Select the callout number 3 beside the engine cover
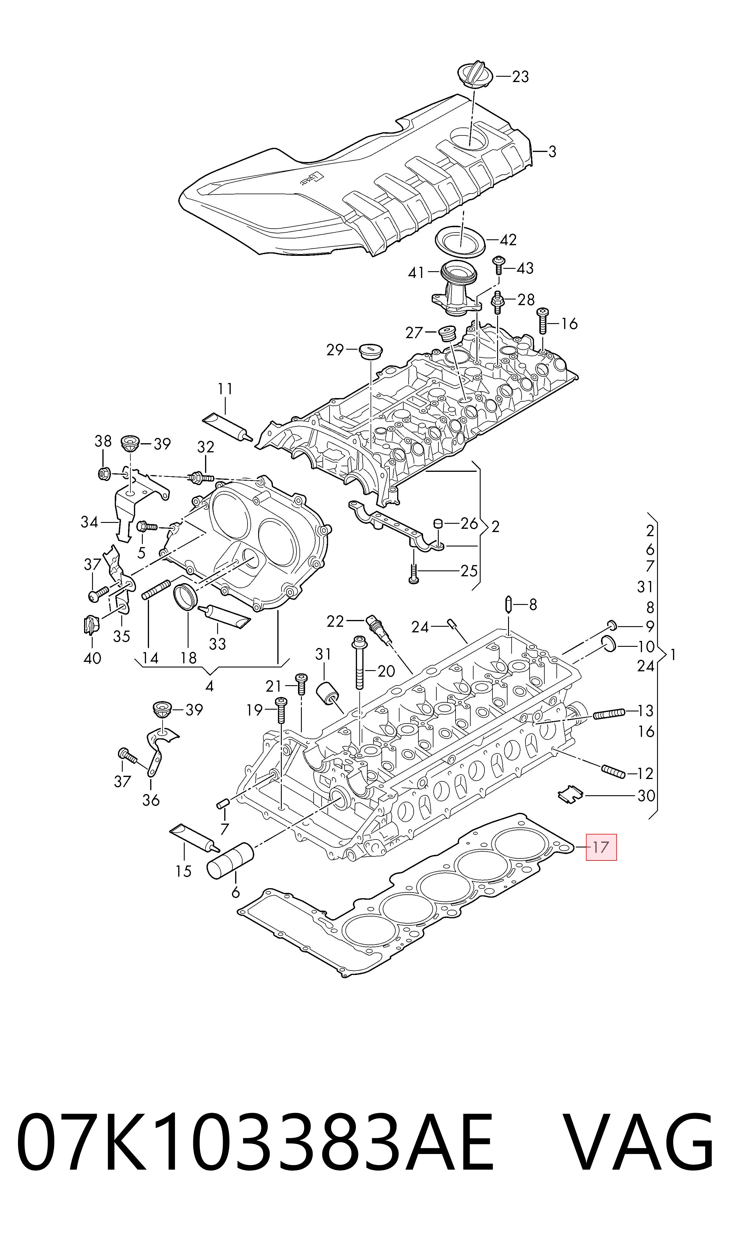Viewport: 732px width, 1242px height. [552, 151]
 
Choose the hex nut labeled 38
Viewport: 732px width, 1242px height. [104, 474]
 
